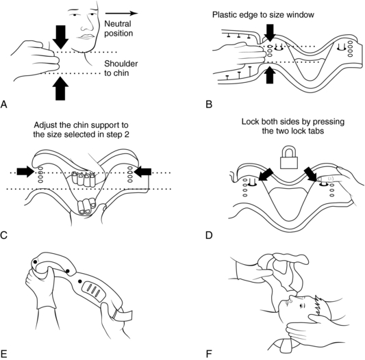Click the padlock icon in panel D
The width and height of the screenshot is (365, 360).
pos(289,157)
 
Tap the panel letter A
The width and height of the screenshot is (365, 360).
pos(3,104)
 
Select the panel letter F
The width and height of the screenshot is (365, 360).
pos(209,354)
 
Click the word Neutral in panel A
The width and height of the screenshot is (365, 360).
pos(118,23)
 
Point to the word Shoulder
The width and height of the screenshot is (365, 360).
pos(121,64)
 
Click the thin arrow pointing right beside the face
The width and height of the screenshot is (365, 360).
pos(121,13)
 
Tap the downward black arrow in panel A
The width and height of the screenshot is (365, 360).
pos(60,37)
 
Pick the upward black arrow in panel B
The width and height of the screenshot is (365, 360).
pos(270,75)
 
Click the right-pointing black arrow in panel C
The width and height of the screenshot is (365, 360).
pos(25,172)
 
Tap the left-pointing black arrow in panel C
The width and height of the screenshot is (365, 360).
pos(142,172)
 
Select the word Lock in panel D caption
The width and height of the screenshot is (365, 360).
pos(249,122)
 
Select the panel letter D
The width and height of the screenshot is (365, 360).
pos(209,235)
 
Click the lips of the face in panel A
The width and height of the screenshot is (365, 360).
pos(87,36)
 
